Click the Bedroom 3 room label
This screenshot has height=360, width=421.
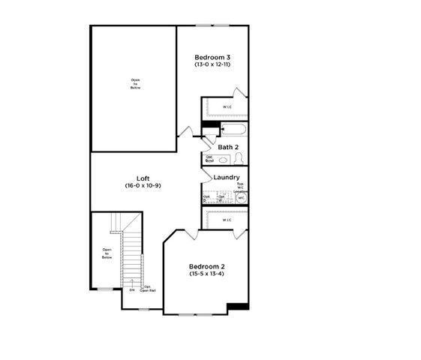coord(212,57)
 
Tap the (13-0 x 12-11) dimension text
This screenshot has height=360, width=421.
coord(212,65)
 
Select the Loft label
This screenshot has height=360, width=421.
coord(143,178)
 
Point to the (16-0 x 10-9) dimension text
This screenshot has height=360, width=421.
coord(143,185)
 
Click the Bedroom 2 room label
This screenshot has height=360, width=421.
coord(207,266)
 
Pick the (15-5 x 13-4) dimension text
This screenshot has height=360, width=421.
coord(207,274)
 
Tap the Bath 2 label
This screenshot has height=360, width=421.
coord(228,147)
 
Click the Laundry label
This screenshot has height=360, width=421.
coord(227,177)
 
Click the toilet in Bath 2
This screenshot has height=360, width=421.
coord(239,158)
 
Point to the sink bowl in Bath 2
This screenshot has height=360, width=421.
coord(223,159)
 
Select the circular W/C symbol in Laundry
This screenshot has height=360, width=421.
coord(241,198)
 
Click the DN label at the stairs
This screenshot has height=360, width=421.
coord(131,289)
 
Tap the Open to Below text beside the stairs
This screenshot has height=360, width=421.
coord(107,253)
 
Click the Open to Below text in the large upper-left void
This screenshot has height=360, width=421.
coord(134,84)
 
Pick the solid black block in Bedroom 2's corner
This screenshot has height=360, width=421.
coord(238,306)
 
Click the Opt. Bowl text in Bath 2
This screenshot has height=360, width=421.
coord(209,158)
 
